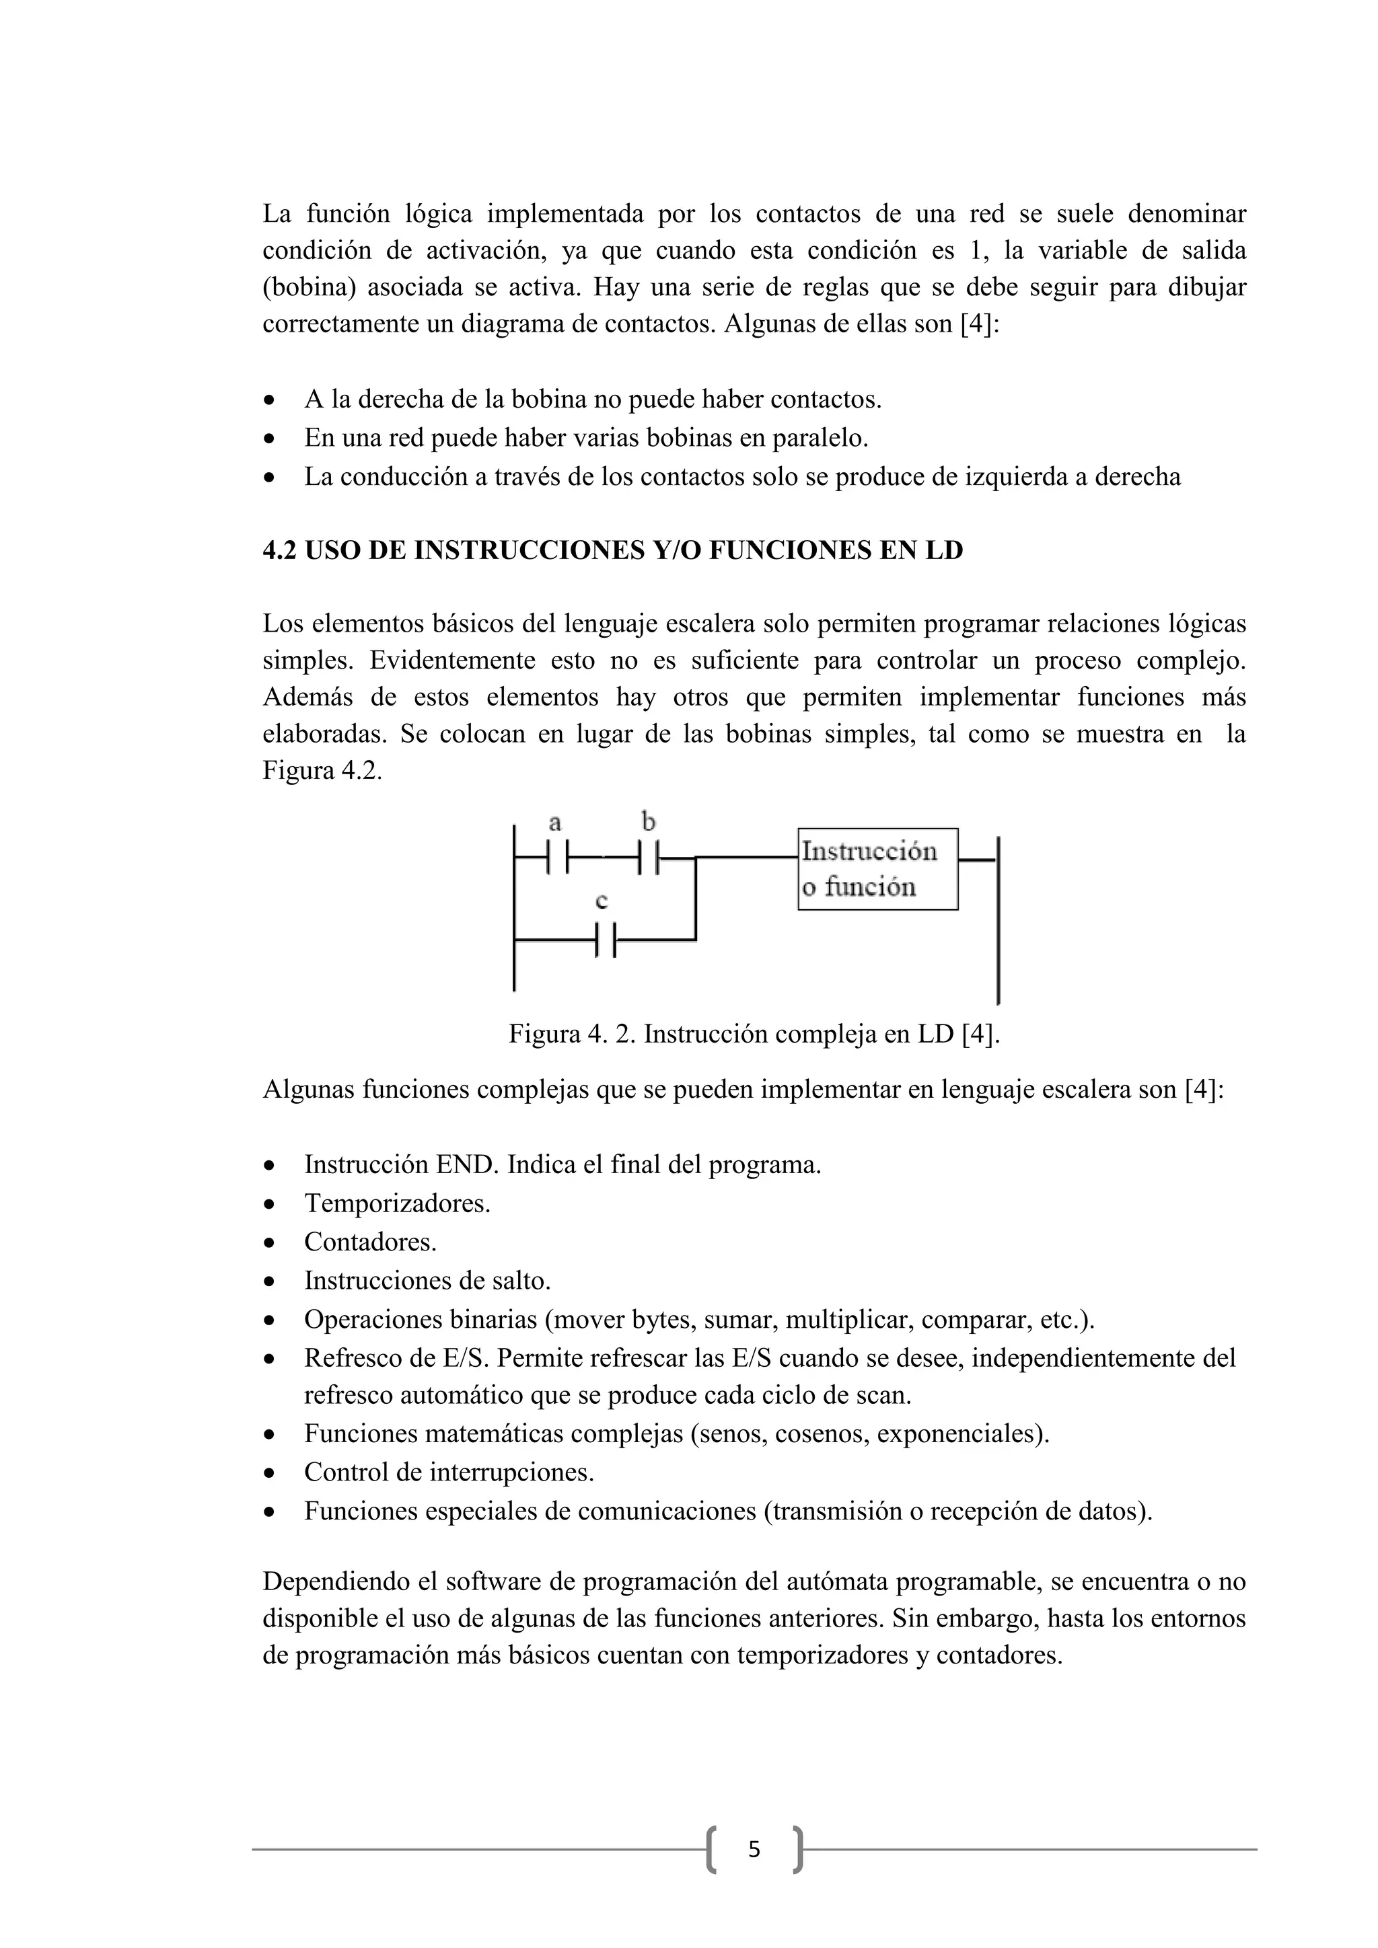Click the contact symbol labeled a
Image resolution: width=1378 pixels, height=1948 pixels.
tap(558, 858)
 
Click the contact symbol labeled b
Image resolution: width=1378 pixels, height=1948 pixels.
tap(650, 858)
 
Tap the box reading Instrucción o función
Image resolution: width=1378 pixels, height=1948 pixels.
tap(877, 869)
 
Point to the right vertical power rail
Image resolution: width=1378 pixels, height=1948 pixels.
tap(998, 921)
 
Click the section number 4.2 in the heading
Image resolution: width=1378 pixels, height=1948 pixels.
tap(279, 551)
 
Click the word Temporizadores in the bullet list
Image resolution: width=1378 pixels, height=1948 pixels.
tap(396, 1203)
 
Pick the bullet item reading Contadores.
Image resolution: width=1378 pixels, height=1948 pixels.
tap(370, 1242)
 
